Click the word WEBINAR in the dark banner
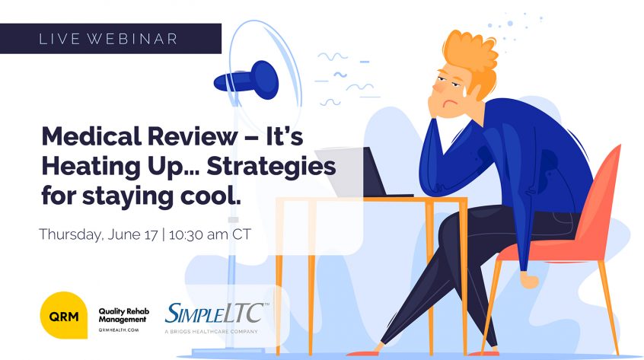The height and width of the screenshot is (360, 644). (132, 39)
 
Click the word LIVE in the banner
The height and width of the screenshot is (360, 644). (59, 39)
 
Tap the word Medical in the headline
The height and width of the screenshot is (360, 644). (91, 136)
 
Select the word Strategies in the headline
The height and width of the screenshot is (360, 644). (271, 168)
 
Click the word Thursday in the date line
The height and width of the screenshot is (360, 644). (72, 235)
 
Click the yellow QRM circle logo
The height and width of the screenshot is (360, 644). (64, 315)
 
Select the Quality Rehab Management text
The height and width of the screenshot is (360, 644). (123, 315)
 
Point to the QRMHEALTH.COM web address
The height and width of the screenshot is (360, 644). (118, 330)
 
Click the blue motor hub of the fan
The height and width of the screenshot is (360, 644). (247, 81)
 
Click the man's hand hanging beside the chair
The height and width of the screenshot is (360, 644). (529, 279)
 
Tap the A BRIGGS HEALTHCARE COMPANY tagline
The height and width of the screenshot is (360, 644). (211, 331)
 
